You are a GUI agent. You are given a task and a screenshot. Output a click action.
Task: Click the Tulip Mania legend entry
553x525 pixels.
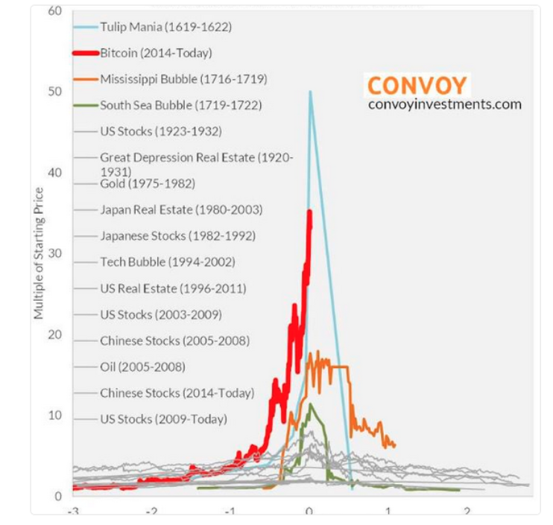[166, 28]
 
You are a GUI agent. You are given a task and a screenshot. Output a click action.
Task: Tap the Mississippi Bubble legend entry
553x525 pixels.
[183, 79]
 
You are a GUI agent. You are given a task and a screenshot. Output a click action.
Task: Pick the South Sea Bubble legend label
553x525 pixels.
[181, 105]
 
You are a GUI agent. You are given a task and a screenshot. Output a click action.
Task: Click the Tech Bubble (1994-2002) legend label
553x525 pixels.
[168, 262]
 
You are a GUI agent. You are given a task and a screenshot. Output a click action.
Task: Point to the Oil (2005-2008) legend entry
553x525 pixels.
[142, 366]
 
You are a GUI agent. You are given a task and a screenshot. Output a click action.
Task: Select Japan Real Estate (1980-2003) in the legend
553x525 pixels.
[181, 210]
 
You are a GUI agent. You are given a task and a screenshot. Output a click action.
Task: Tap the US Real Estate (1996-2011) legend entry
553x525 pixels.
[173, 288]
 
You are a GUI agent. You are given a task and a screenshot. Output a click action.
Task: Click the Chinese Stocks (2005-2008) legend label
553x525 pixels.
[174, 340]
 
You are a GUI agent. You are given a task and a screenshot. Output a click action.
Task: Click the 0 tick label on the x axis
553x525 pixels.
[309, 513]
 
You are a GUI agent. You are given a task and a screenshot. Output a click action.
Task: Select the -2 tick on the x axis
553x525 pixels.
[151, 513]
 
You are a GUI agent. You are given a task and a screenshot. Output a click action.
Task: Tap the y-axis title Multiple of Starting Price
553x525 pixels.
[39, 253]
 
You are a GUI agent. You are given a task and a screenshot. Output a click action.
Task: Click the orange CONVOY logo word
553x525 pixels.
[417, 85]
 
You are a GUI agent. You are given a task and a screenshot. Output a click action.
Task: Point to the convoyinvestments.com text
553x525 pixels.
[445, 104]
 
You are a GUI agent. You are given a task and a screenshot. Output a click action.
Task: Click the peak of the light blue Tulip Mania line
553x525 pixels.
[310, 92]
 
